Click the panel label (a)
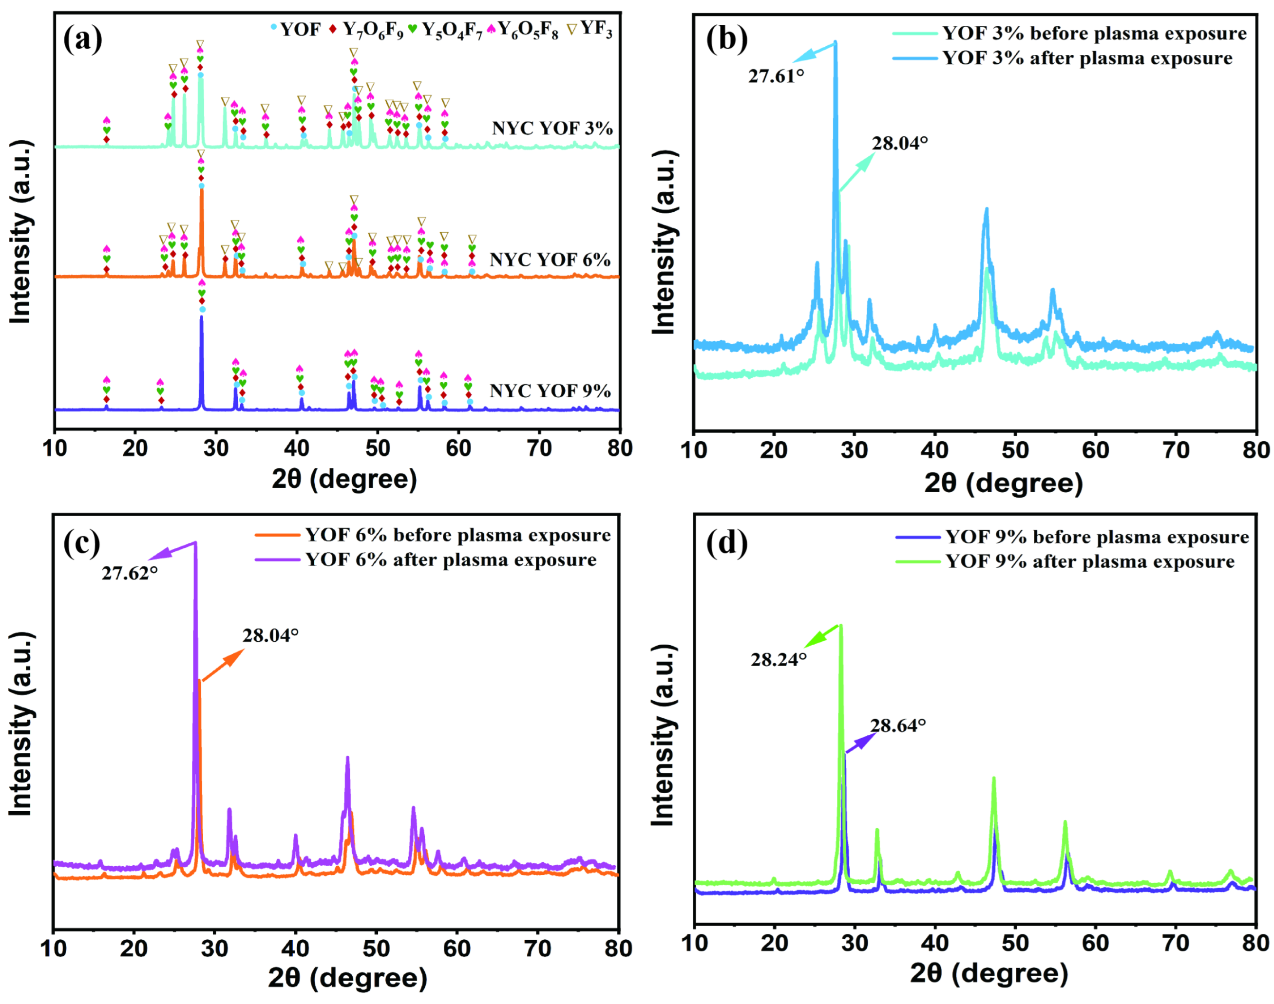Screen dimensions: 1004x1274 tap(82, 39)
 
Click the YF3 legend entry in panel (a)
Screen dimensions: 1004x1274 tap(590, 28)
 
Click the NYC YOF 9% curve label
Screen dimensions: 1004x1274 tap(550, 390)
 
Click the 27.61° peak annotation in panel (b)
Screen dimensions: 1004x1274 tap(775, 76)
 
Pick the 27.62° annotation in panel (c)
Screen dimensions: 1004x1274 tap(130, 573)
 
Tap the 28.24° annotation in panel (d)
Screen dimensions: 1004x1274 tap(778, 660)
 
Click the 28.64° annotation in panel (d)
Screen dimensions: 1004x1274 tap(897, 725)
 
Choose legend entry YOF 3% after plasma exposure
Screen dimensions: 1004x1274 tap(1087, 58)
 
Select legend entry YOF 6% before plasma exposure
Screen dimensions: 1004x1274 tap(457, 535)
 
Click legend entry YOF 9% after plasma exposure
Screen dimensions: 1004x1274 tap(1089, 561)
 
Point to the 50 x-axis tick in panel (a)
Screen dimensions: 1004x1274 tap(377, 448)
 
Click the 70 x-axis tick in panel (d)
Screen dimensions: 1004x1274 tap(1175, 943)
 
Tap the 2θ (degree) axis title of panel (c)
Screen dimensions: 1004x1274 tap(347, 978)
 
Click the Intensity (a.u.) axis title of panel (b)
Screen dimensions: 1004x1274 tap(665, 242)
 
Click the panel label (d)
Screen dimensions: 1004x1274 tap(726, 542)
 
